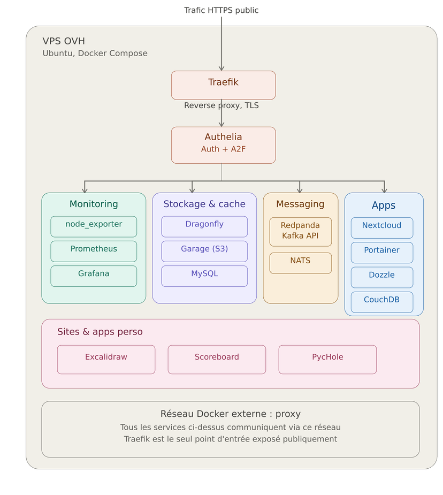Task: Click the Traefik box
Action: point(223,85)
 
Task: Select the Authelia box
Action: point(223,145)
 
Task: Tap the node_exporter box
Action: point(94,226)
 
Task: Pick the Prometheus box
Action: point(94,252)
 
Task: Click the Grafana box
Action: point(94,276)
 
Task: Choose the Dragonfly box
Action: point(204,226)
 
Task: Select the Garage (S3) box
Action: point(204,252)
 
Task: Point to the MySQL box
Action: point(204,276)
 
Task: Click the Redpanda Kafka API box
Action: point(300,232)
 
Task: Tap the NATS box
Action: point(300,263)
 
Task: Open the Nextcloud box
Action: point(382,227)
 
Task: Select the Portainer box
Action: point(382,253)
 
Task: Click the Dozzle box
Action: point(382,277)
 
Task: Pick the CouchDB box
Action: point(382,302)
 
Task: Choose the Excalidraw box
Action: point(106,359)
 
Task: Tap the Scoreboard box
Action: point(217,359)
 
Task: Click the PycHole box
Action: point(327,359)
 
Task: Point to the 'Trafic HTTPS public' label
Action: point(221,10)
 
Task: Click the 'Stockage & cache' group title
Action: point(204,204)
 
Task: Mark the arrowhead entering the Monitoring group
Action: point(85,191)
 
